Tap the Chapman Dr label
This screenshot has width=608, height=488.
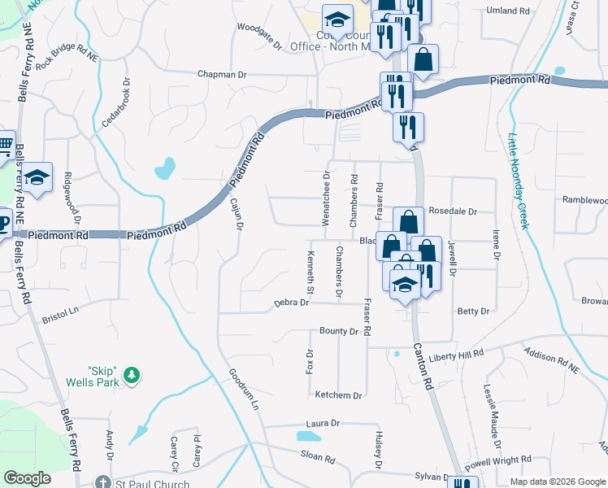coord(222,74)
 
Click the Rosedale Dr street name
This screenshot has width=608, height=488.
coord(452,211)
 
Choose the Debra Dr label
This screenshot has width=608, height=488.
coord(291,303)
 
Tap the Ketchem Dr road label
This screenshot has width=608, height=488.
coord(338,395)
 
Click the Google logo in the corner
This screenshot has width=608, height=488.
coord(27,478)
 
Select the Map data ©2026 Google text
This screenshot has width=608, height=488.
coord(557,481)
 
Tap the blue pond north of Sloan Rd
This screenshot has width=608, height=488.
coord(309,436)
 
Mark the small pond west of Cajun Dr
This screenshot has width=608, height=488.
coord(165,168)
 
